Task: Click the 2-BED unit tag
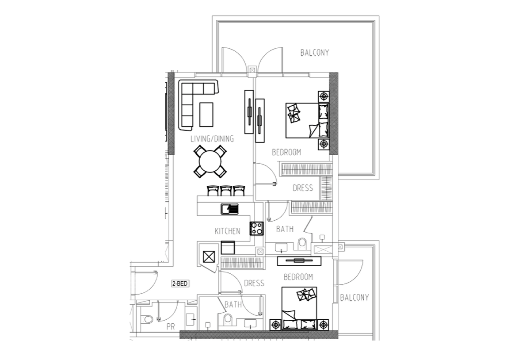180,283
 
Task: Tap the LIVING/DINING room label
212,138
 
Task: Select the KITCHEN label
227,231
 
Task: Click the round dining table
210,162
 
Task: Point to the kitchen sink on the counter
229,209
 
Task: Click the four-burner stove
257,228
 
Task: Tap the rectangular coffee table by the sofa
206,115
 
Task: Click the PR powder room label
171,326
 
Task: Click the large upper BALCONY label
314,53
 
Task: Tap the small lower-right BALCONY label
354,297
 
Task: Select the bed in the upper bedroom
307,120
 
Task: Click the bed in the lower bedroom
299,309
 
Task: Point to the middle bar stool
226,191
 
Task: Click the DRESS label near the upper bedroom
303,188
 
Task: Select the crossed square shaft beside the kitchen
209,257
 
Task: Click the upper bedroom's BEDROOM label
286,152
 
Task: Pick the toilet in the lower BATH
228,320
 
